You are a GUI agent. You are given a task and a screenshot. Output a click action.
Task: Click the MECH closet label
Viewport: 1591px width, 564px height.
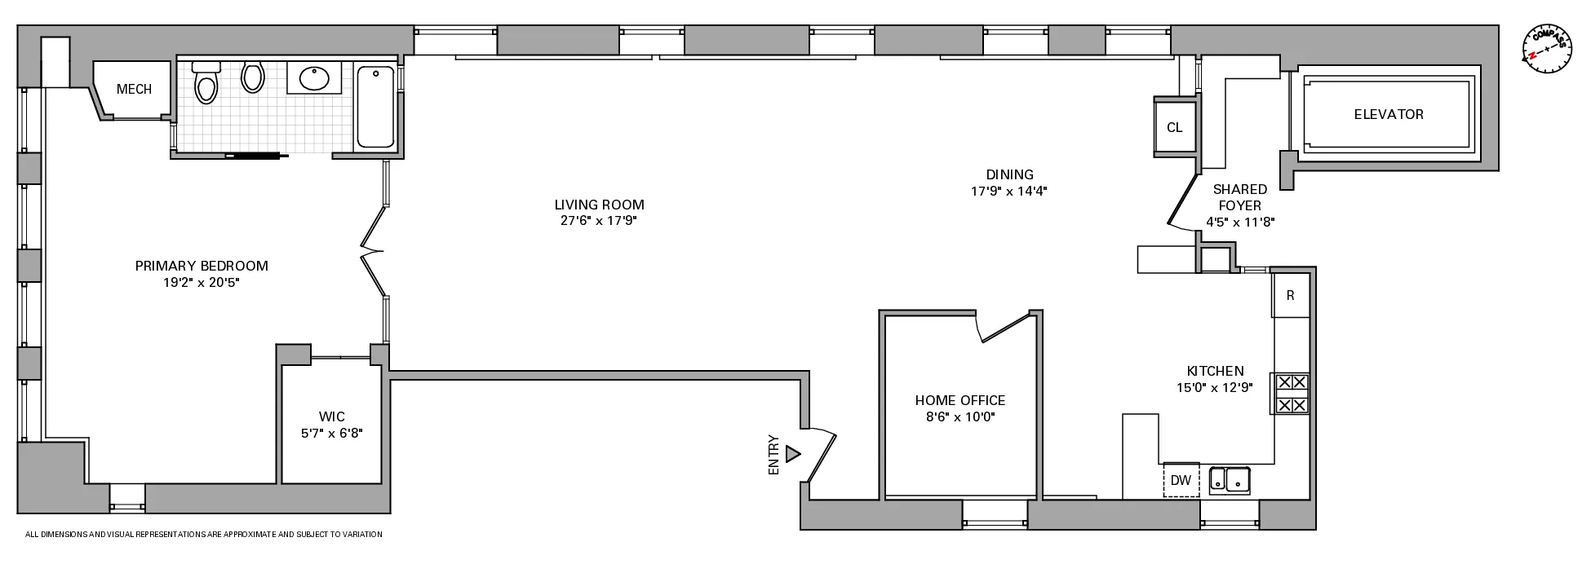pyautogui.click(x=134, y=89)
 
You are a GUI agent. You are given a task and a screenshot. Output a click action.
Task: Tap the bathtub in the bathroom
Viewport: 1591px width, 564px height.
pyautogui.click(x=375, y=108)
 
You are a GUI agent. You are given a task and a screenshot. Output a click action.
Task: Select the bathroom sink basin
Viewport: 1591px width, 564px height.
pyautogui.click(x=314, y=79)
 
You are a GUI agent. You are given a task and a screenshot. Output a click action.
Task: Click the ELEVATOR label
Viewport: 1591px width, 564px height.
pyautogui.click(x=1388, y=114)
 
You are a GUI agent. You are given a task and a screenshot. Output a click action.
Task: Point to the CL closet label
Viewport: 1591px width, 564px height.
pyautogui.click(x=1174, y=127)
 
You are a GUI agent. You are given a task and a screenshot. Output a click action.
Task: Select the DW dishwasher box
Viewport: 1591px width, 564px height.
pyautogui.click(x=1181, y=480)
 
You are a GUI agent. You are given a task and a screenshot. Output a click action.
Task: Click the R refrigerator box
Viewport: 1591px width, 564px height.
pyautogui.click(x=1290, y=295)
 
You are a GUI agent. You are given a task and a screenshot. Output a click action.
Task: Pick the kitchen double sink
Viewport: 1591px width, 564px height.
pyautogui.click(x=1230, y=480)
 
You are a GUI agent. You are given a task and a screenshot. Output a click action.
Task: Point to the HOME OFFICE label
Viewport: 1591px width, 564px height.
pyautogui.click(x=959, y=400)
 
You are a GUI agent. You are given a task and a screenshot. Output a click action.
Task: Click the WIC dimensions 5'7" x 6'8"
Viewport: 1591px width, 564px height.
pyautogui.click(x=331, y=434)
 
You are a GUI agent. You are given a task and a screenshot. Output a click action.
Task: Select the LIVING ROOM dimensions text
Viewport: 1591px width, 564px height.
pyautogui.click(x=599, y=221)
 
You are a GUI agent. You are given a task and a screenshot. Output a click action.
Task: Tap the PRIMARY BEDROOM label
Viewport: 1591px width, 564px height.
pyautogui.click(x=201, y=266)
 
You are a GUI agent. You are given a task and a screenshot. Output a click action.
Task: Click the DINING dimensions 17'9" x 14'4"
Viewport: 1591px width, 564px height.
pyautogui.click(x=1008, y=192)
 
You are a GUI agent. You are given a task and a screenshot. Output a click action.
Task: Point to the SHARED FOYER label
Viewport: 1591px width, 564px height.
pyautogui.click(x=1239, y=197)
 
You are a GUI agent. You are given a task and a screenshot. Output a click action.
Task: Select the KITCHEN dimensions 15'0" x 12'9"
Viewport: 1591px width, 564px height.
pyautogui.click(x=1215, y=388)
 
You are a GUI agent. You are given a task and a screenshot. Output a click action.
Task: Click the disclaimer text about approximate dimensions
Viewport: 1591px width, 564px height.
pyautogui.click(x=204, y=535)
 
